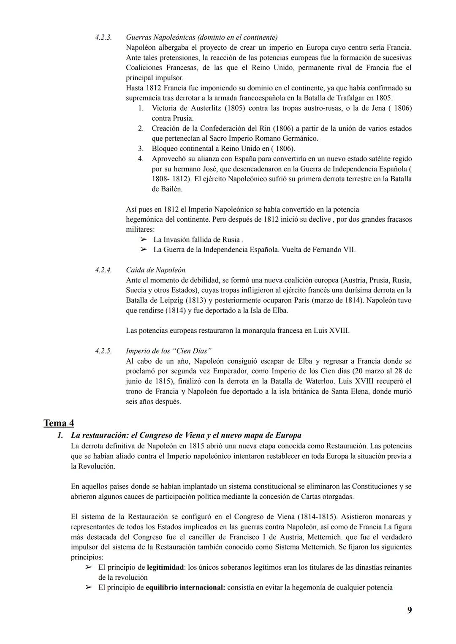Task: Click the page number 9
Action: [409, 610]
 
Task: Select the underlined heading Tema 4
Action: [58, 423]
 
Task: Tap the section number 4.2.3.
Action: [103, 37]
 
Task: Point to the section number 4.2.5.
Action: [103, 351]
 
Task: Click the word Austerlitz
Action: [201, 108]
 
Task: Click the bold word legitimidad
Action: [165, 567]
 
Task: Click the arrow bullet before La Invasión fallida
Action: [144, 239]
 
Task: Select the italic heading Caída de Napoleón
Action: [155, 270]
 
